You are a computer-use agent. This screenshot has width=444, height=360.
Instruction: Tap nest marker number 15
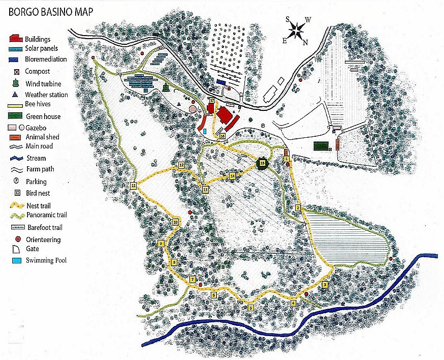(x=262, y=164)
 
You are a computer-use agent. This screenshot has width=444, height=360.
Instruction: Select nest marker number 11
(x=134, y=186)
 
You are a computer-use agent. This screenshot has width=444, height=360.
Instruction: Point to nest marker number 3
(x=325, y=285)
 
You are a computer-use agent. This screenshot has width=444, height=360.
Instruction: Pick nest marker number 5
(x=250, y=307)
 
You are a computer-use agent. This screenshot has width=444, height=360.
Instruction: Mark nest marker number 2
(x=298, y=207)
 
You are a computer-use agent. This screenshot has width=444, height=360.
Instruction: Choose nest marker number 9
(x=161, y=244)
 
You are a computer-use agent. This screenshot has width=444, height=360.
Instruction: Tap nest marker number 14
(x=233, y=176)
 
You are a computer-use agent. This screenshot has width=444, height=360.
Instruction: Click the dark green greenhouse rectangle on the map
(x=320, y=146)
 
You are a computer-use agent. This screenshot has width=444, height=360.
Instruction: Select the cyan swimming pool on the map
(x=205, y=131)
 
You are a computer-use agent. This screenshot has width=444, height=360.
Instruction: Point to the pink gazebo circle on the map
(x=193, y=108)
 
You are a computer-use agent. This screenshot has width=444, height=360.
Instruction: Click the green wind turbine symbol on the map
(x=166, y=88)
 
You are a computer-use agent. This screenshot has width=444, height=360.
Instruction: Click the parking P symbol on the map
(x=263, y=125)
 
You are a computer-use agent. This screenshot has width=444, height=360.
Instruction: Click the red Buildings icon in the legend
(x=17, y=39)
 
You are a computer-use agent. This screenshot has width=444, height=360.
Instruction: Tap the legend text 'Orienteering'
(x=43, y=239)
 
